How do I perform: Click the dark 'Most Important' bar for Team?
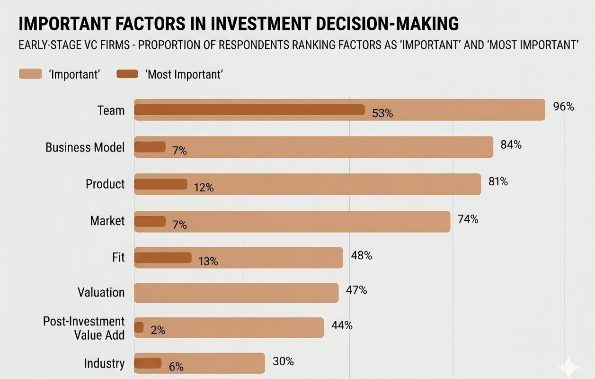click(x=249, y=110)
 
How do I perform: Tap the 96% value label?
click(x=564, y=107)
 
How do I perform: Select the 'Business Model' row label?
click(x=85, y=147)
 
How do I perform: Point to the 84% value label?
click(x=511, y=144)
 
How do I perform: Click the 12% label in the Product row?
click(x=204, y=188)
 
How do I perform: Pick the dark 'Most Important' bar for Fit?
click(x=163, y=258)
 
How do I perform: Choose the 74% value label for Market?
click(x=468, y=219)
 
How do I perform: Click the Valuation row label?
click(x=101, y=292)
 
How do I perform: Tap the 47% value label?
click(x=356, y=290)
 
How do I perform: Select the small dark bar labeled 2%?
click(x=139, y=327)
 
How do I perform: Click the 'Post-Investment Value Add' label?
click(x=84, y=328)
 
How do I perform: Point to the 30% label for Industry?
click(x=283, y=361)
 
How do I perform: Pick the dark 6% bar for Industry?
click(x=148, y=363)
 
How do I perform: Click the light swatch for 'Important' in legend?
click(x=30, y=73)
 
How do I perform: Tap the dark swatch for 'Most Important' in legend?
click(x=127, y=74)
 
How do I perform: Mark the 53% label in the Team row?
click(x=382, y=114)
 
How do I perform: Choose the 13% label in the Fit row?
click(x=208, y=262)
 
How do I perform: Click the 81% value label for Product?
click(x=498, y=181)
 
